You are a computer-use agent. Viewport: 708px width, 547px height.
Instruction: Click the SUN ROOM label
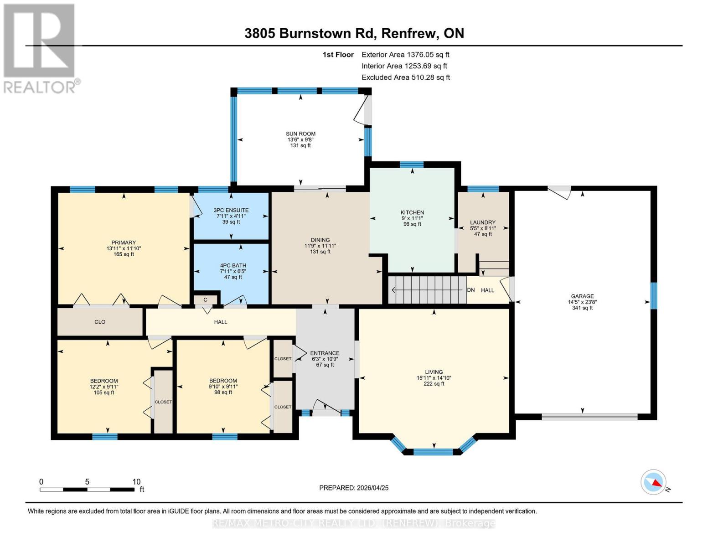[x=300, y=134]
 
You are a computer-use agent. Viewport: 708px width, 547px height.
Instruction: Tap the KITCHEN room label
[x=412, y=212]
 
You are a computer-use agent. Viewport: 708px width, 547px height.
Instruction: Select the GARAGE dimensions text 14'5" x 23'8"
[x=582, y=302]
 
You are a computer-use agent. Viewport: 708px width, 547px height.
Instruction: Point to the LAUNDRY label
[x=483, y=222]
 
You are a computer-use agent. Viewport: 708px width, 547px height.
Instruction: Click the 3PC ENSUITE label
[x=231, y=210]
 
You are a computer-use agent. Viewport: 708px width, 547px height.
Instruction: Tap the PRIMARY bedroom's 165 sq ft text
[x=124, y=254]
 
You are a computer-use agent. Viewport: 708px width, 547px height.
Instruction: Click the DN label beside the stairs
[x=471, y=290]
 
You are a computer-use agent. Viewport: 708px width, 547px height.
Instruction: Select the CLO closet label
[x=100, y=322]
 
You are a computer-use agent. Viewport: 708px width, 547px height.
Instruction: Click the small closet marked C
[x=206, y=299]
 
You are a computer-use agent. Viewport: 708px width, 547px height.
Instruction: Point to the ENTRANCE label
[x=325, y=353]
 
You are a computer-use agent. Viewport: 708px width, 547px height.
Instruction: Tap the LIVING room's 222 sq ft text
[x=434, y=384]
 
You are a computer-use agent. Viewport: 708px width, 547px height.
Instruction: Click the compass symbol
[x=653, y=482]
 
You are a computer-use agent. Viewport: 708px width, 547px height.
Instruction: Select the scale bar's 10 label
[x=136, y=482]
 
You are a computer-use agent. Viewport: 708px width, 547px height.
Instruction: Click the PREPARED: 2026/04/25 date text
[x=354, y=488]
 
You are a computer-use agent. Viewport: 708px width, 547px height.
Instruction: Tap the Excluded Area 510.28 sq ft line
[x=405, y=77]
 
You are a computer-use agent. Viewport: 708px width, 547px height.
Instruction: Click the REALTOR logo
[x=40, y=48]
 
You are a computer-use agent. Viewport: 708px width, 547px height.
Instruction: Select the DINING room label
[x=320, y=240]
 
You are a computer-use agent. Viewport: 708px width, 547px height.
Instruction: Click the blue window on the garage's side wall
[x=653, y=295]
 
